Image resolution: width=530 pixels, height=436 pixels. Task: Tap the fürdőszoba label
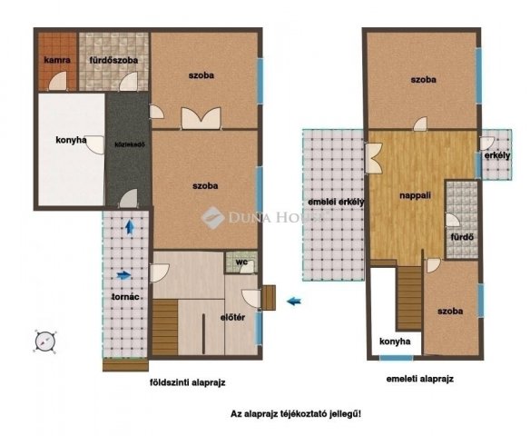click(113, 60)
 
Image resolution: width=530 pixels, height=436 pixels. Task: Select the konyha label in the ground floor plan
click(70, 140)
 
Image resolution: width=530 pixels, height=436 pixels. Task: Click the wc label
click(241, 263)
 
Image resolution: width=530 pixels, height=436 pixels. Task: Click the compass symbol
click(46, 340)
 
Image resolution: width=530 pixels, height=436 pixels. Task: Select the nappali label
click(414, 194)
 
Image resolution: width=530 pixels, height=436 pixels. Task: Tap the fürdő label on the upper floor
click(463, 238)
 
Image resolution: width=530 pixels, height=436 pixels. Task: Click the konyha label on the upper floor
click(396, 342)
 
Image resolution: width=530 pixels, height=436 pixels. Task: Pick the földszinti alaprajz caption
click(188, 382)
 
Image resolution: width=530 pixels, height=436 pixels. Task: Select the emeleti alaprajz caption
click(419, 378)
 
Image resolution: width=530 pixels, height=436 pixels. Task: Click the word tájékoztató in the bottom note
click(309, 413)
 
